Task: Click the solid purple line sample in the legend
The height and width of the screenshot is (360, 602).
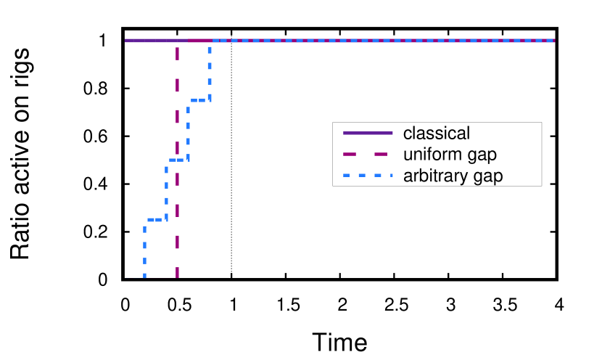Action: pos(368,133)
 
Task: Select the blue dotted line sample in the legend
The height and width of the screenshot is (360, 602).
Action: pos(368,175)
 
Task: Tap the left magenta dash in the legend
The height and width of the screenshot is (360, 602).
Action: pos(350,154)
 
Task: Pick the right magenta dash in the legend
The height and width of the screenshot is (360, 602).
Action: pos(381,154)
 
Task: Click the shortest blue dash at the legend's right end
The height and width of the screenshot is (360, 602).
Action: pos(392,175)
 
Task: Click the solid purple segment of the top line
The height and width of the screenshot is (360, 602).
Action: pos(152,41)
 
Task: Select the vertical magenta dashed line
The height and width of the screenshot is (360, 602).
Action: pos(177,116)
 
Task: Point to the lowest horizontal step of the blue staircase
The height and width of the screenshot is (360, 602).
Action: pos(155,219)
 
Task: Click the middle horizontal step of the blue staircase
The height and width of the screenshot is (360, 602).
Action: pos(177,160)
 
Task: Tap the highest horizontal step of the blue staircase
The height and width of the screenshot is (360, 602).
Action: pos(199,100)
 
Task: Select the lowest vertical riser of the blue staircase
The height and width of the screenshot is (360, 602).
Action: pos(144,247)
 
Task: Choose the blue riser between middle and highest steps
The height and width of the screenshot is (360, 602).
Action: pos(188,130)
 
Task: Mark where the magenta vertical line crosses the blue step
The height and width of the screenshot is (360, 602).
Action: pos(177,160)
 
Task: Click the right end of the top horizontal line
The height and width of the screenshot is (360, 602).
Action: pos(554,41)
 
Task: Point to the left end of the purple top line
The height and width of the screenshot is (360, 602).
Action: pos(125,41)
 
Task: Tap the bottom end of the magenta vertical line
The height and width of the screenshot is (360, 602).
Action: pos(177,276)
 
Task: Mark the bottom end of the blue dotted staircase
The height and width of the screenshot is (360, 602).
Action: pos(144,276)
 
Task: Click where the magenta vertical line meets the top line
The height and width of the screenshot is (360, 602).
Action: pos(177,41)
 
